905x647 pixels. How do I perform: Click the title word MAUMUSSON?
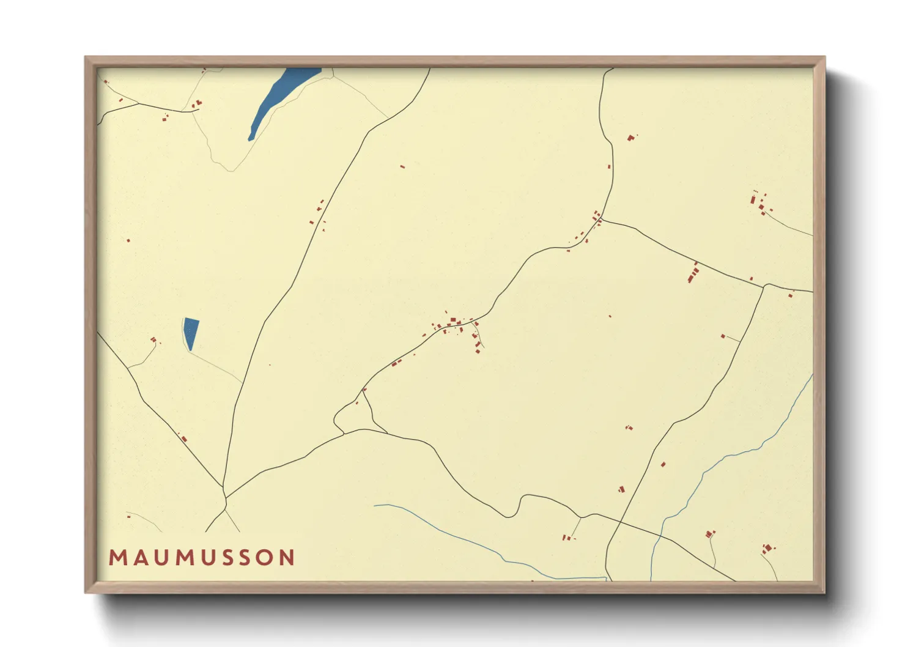click(202, 558)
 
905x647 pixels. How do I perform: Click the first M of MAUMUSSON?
click(117, 558)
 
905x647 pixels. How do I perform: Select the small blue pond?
click(191, 331)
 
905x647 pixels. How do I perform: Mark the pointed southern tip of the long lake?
click(250, 139)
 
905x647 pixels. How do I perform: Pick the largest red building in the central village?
click(453, 321)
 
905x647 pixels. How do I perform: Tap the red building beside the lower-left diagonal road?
click(183, 438)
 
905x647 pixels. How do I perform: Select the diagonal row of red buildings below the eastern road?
click(693, 273)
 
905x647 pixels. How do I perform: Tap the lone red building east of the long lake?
click(402, 166)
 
